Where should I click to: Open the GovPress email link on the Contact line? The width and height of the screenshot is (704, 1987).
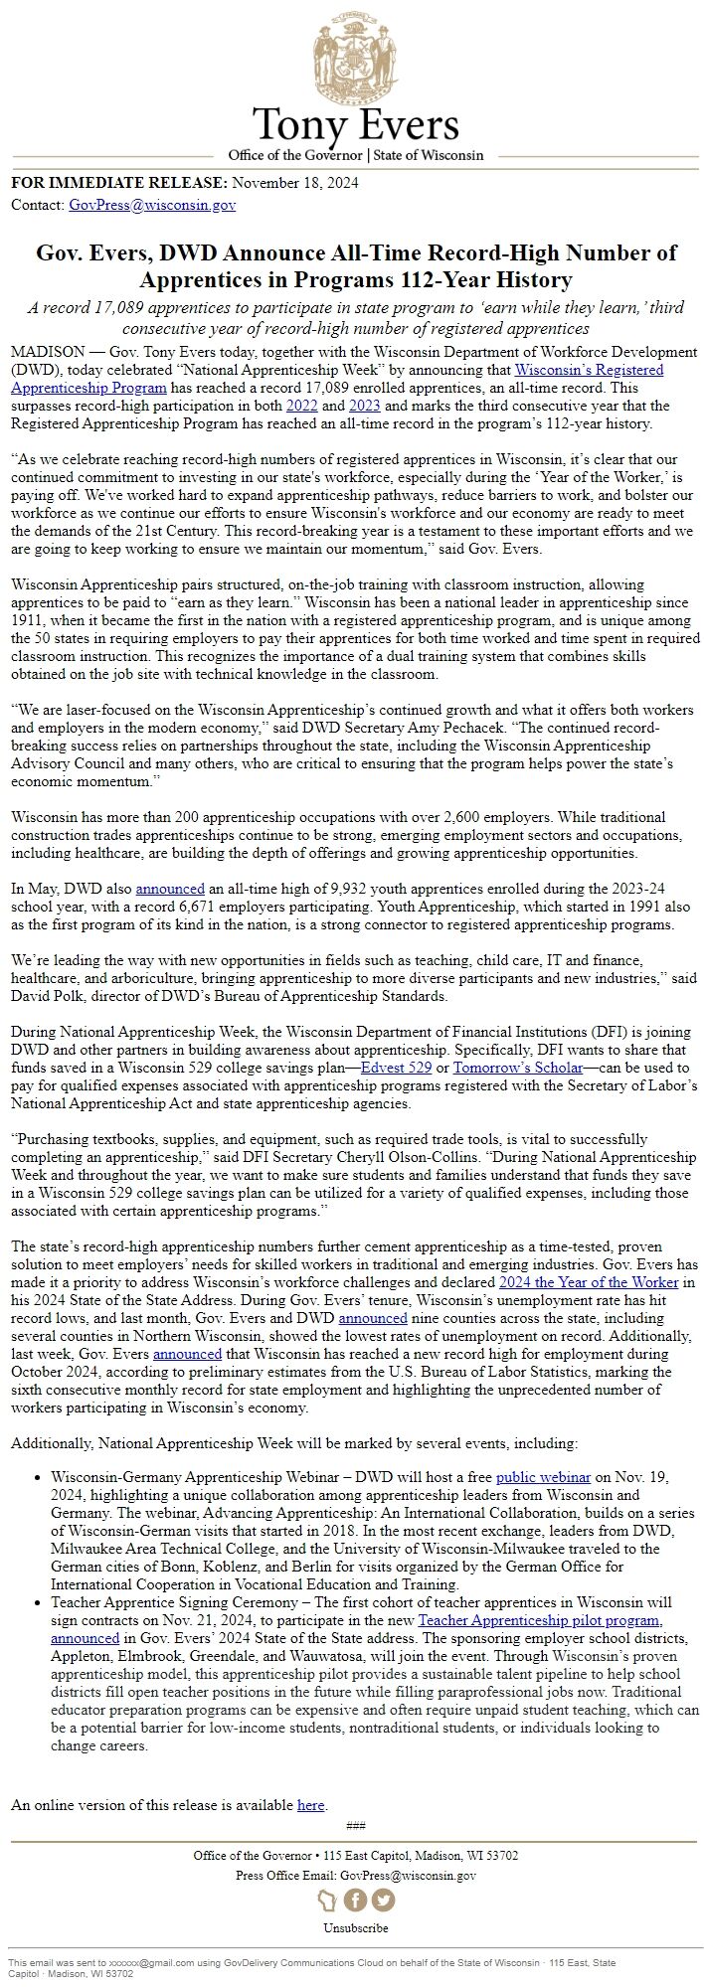(152, 206)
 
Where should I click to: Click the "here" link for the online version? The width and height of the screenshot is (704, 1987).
(310, 1805)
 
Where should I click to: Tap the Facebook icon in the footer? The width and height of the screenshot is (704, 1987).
(355, 1900)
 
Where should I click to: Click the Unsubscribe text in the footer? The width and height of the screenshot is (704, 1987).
(355, 1927)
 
